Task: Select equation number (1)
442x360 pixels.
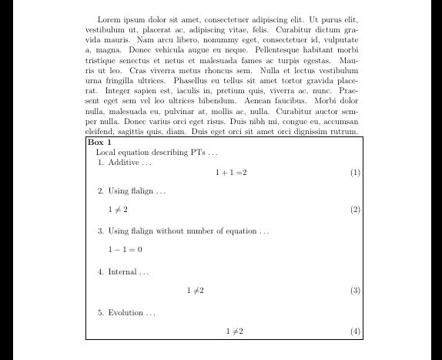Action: pyautogui.click(x=355, y=173)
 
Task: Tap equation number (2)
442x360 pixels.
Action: pyautogui.click(x=355, y=210)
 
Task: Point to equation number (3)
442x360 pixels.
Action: pyautogui.click(x=355, y=291)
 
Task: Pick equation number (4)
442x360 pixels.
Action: pyautogui.click(x=355, y=331)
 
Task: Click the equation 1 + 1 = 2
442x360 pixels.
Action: pyautogui.click(x=231, y=173)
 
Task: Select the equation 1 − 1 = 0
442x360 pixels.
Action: pyautogui.click(x=125, y=250)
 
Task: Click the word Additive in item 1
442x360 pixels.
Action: pyautogui.click(x=123, y=163)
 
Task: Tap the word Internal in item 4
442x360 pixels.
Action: pyautogui.click(x=122, y=271)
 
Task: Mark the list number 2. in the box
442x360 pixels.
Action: pyautogui.click(x=101, y=190)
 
